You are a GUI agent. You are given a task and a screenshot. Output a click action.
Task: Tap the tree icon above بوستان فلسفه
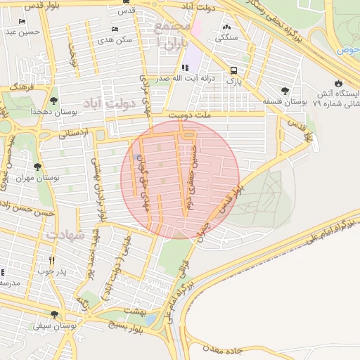(285, 91)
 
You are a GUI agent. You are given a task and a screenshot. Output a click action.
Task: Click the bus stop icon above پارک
(233, 70)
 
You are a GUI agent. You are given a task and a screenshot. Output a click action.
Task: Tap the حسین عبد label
(20, 32)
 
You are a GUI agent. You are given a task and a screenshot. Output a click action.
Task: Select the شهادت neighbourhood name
(67, 235)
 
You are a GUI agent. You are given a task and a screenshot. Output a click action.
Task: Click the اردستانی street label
(72, 131)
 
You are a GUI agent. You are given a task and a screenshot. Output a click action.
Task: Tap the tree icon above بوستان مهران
(37, 167)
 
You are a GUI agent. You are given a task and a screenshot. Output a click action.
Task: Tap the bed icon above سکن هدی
(115, 30)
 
